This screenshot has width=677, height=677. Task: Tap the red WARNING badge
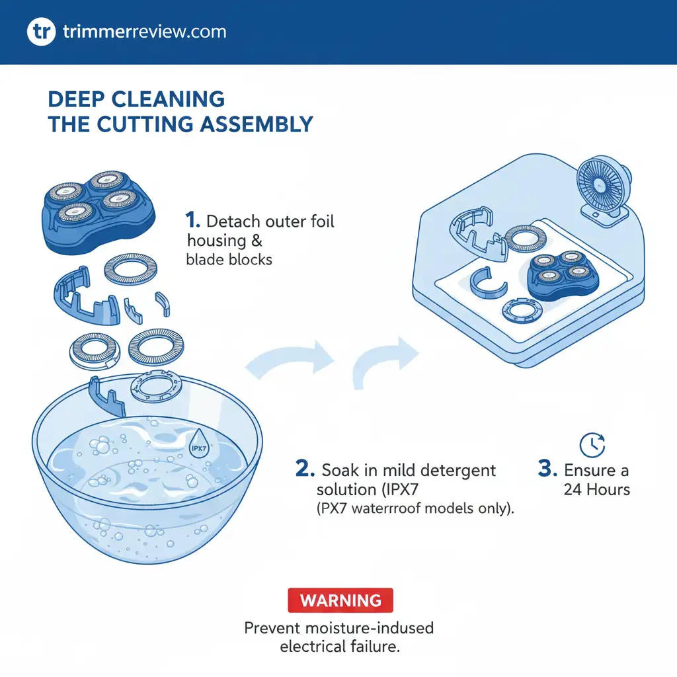tap(340, 600)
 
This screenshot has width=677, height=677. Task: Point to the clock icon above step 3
tap(592, 445)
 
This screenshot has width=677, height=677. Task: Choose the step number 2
tap(305, 470)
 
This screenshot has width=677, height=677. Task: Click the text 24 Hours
tap(596, 490)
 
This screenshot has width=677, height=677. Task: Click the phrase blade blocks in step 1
tap(229, 259)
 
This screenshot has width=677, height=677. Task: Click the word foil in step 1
tap(317, 221)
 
